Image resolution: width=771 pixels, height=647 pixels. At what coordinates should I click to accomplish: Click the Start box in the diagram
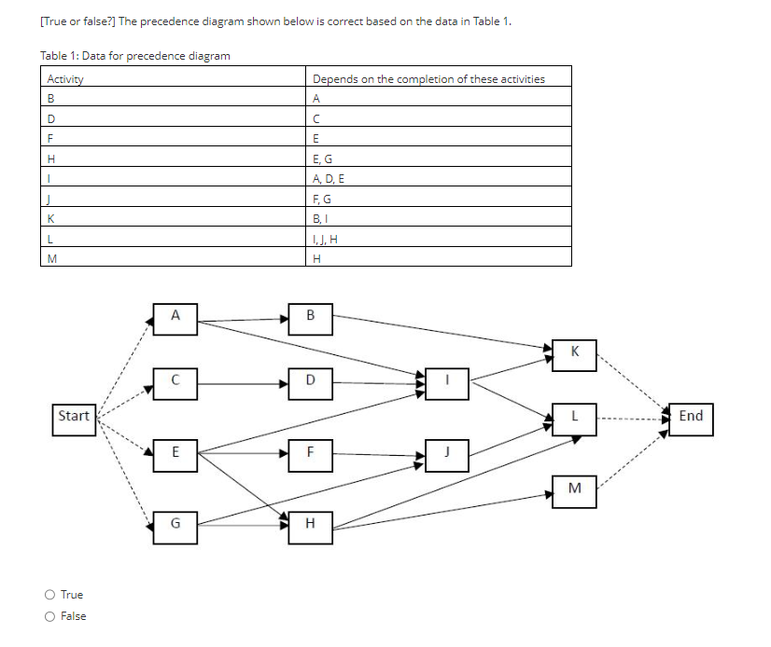tap(74, 416)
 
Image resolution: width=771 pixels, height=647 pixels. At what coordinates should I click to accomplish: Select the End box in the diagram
tap(691, 416)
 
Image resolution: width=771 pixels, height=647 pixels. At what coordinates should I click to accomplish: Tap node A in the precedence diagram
tap(175, 316)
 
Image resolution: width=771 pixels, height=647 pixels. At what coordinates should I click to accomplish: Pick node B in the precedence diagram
tap(310, 316)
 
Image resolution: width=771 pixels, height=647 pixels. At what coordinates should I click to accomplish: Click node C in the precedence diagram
tap(175, 380)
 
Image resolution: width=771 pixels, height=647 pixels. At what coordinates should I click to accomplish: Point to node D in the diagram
tap(310, 380)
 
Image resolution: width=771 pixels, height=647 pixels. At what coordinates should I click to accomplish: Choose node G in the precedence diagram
tap(175, 524)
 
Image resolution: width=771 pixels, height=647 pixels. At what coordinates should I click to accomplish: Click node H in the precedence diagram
tap(310, 524)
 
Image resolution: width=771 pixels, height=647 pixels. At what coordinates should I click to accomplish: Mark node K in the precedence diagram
tap(574, 352)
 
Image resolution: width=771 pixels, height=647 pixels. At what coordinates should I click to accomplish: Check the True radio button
tap(49, 595)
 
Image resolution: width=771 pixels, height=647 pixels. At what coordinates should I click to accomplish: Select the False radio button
tap(49, 616)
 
